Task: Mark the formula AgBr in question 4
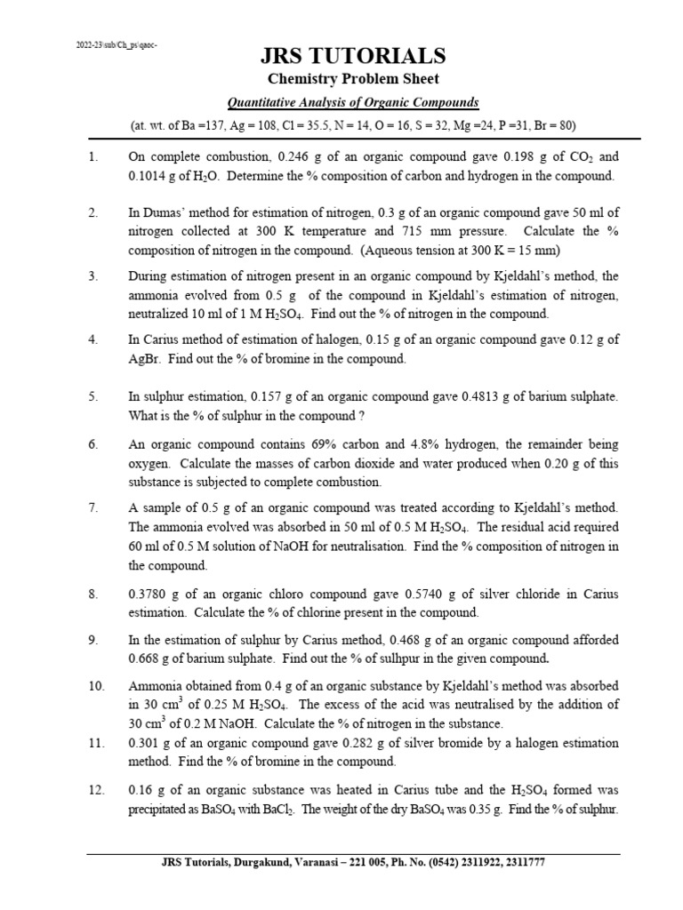pyautogui.click(x=144, y=358)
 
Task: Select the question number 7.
pyautogui.click(x=92, y=507)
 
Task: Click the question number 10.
pyautogui.click(x=96, y=687)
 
